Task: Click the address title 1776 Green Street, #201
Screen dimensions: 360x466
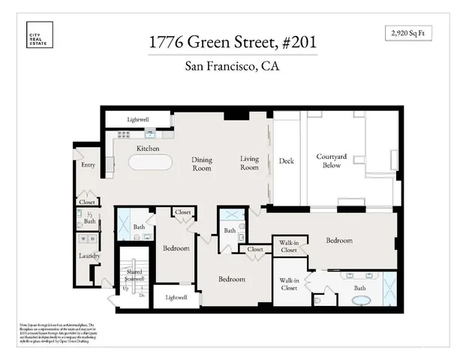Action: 232,40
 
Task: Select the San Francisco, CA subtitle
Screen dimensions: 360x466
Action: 232,67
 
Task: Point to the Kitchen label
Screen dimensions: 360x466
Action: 148,148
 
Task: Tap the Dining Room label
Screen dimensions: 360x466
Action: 201,163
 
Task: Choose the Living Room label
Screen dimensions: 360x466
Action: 249,163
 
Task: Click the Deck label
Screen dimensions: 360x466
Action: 286,160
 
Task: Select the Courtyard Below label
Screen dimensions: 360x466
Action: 331,160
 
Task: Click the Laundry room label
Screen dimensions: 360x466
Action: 89,256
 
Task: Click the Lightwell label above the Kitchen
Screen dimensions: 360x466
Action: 138,119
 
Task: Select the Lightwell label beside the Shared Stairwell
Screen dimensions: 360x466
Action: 176,298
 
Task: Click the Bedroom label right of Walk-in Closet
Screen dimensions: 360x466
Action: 338,241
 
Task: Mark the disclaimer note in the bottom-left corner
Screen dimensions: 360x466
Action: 48,333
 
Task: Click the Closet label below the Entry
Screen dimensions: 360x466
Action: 87,202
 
